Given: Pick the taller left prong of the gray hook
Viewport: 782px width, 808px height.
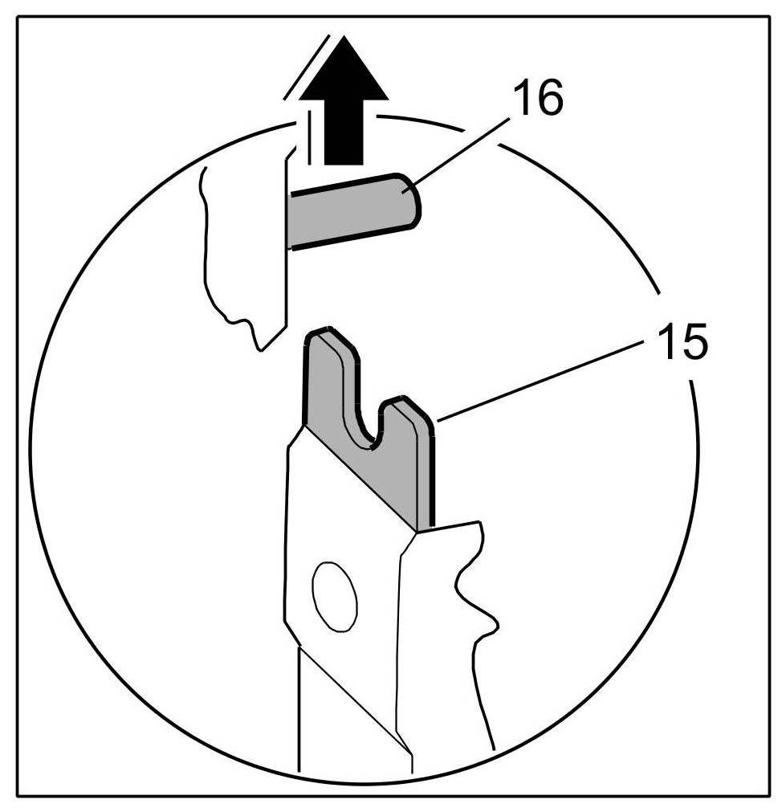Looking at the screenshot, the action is [326, 377].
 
